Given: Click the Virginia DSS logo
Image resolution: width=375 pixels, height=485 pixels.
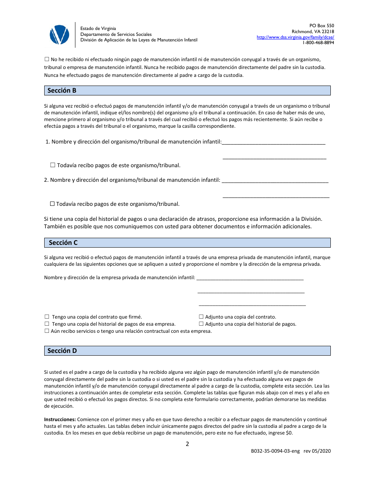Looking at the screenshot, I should coord(59,35).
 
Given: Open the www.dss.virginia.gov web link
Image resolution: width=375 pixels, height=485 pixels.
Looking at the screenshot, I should coord(295,37).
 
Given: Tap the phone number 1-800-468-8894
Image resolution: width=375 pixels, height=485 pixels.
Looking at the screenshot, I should coord(318,43).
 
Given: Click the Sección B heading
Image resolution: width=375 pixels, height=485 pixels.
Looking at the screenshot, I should coord(62,91).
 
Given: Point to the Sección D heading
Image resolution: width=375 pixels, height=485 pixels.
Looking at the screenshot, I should coord(62,351).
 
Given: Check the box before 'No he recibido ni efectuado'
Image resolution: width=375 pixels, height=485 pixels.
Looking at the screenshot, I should coord(47,59).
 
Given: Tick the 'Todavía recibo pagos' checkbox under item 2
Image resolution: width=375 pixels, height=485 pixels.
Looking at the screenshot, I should coord(52,204).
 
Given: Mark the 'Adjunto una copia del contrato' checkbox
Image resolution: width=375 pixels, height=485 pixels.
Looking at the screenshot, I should coord(201,317).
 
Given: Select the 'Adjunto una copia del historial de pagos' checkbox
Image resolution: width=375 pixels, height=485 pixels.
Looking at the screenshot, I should coord(201,324).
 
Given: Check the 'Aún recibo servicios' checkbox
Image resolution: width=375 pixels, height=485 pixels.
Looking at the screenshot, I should coord(47,331).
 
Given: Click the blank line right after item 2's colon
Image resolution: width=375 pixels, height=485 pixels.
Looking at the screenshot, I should coord(275,181).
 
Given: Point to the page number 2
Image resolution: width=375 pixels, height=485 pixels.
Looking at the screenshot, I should coord(187,444).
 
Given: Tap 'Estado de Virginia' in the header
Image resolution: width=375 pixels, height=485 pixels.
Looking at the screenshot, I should coord(98,28).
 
